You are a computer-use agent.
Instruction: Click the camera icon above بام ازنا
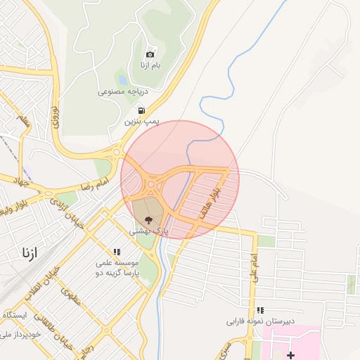click(150, 54)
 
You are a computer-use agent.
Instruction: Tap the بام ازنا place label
click(150, 65)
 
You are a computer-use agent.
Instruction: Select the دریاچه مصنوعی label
click(121, 91)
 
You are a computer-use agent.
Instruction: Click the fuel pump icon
click(142, 110)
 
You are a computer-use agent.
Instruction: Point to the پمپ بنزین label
click(142, 121)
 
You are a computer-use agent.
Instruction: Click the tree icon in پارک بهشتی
click(147, 219)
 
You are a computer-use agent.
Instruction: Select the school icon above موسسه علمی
click(117, 251)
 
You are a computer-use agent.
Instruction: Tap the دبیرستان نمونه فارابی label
click(252, 321)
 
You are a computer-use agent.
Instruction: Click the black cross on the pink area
click(290, 355)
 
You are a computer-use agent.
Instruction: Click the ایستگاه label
click(14, 314)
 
